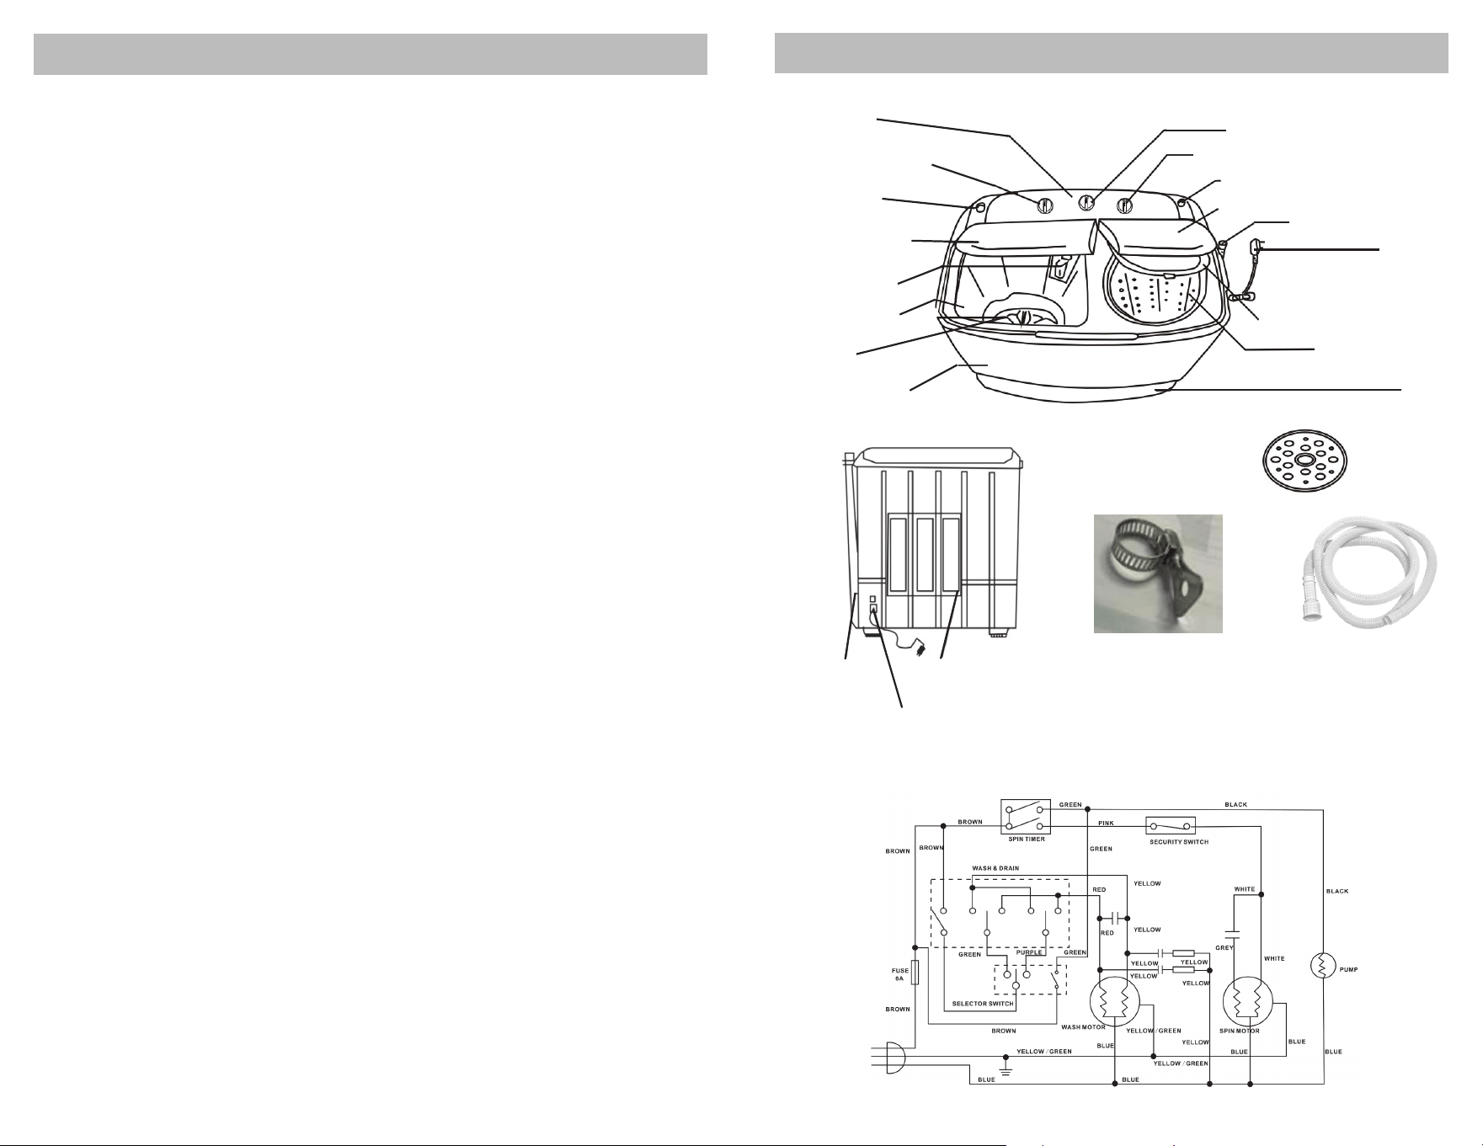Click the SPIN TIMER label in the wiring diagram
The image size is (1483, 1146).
pyautogui.click(x=1027, y=839)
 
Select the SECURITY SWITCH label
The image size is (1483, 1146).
pyautogui.click(x=1179, y=842)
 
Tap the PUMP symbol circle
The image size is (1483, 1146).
pyautogui.click(x=1323, y=966)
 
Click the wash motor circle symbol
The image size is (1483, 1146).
pyautogui.click(x=1114, y=1005)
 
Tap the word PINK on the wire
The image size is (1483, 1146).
pyautogui.click(x=1106, y=823)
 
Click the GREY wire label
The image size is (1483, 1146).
pyautogui.click(x=1224, y=947)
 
